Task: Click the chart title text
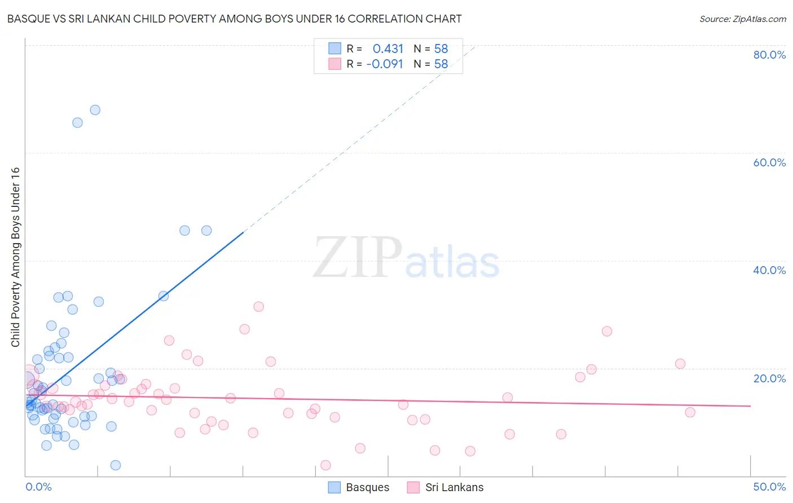point(234,19)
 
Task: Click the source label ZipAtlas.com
point(742,19)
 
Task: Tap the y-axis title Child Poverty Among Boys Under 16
point(15,257)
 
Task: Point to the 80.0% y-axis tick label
point(769,55)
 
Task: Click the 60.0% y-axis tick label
point(769,162)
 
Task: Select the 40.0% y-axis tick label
point(769,270)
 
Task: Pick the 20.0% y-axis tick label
point(769,378)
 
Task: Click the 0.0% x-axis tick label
point(38,487)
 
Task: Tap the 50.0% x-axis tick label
point(769,487)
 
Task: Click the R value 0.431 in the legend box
point(388,48)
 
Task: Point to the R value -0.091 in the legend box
point(385,64)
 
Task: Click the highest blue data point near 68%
point(95,110)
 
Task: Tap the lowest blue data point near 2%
point(116,465)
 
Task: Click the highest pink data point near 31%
point(259,307)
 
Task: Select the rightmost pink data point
point(690,412)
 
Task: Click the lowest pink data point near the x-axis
point(325,465)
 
